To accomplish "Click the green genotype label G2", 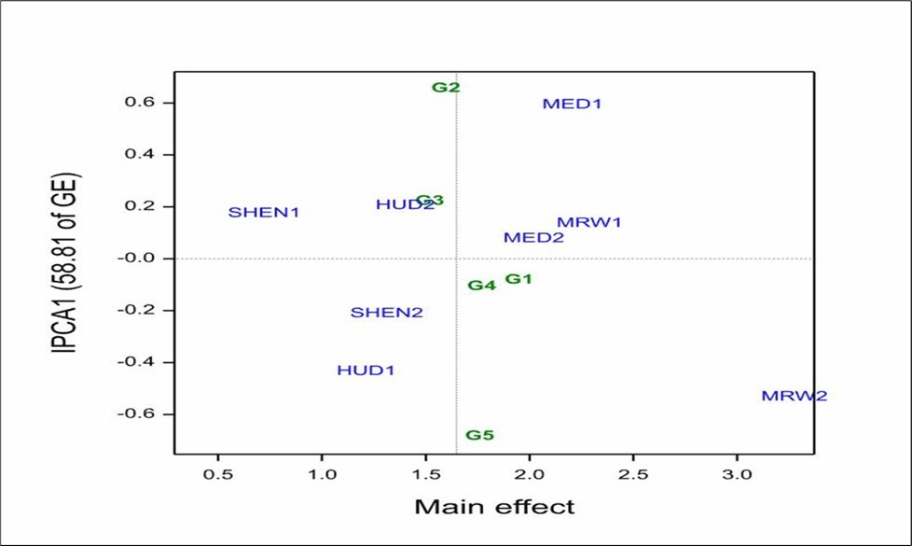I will [446, 88].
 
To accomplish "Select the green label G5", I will [479, 435].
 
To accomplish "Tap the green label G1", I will [518, 279].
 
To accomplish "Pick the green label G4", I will [481, 286].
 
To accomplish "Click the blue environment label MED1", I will [572, 104].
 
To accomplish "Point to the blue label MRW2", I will [794, 396].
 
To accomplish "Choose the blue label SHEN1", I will [264, 213].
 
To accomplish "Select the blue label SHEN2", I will [386, 313].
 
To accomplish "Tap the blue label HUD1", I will [366, 371].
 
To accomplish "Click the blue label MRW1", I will [588, 222].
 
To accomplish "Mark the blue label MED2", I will [533, 238].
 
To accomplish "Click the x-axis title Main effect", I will [494, 508].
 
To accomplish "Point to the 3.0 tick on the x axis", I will [737, 475].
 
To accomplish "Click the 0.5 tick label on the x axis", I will [218, 475].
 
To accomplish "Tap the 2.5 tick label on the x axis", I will [633, 475].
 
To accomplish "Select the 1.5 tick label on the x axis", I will [425, 475].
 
